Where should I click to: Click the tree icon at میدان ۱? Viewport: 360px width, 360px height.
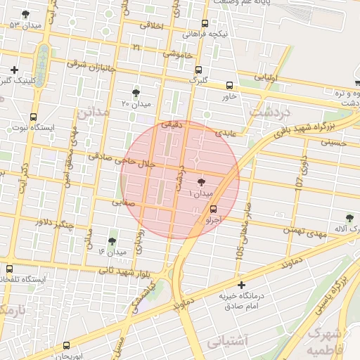click(202, 181)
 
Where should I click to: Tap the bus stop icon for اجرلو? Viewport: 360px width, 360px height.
click(214, 209)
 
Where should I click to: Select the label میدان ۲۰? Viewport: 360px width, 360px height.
click(135, 104)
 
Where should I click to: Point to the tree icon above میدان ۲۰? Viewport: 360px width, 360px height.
click(136, 92)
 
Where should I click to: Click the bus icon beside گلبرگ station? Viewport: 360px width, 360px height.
click(199, 70)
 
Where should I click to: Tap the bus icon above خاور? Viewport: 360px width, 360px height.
click(229, 86)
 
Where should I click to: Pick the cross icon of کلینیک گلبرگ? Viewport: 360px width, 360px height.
click(14, 70)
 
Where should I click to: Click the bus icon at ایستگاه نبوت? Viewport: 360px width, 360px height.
click(33, 117)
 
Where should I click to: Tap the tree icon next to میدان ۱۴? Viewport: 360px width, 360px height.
click(112, 241)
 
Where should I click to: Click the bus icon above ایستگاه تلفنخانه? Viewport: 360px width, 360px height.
click(9, 268)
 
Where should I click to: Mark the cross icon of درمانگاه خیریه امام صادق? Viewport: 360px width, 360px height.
click(242, 285)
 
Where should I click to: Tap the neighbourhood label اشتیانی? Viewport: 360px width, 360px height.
click(229, 341)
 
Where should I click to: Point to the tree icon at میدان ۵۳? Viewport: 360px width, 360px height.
click(26, 14)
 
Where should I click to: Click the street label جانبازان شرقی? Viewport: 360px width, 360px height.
click(91, 65)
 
